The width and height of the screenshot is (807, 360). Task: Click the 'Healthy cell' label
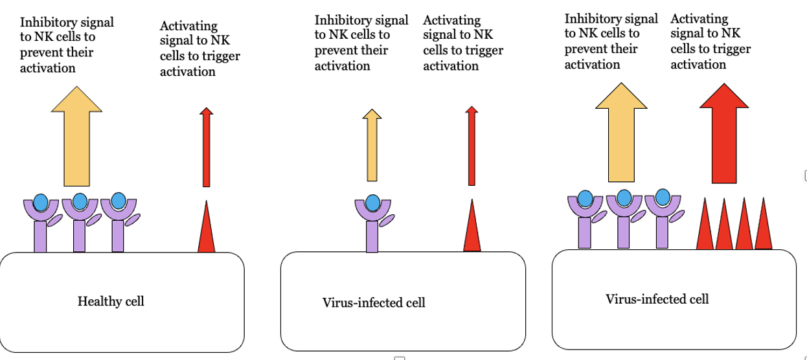point(111,301)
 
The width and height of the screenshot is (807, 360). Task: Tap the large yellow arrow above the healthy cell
point(76,136)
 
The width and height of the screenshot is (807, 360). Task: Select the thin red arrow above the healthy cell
point(207,147)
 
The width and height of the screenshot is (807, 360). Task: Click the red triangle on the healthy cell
point(207,226)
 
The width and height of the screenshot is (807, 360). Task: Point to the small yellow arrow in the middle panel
point(372,145)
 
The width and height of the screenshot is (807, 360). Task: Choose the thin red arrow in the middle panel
point(472,146)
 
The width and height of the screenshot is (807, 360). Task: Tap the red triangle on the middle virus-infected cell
point(472,225)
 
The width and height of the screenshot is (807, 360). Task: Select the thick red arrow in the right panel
point(724,133)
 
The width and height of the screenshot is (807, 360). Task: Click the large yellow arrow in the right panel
point(621,132)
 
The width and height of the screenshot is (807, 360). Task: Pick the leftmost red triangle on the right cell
point(705,223)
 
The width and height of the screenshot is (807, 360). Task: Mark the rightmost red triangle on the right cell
point(764,223)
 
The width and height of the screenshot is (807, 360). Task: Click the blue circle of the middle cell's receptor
point(373,203)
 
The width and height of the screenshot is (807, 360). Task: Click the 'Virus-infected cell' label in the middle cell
point(374,303)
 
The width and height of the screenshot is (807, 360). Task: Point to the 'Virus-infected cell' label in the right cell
point(657,299)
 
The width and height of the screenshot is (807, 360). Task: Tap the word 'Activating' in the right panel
point(699,19)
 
